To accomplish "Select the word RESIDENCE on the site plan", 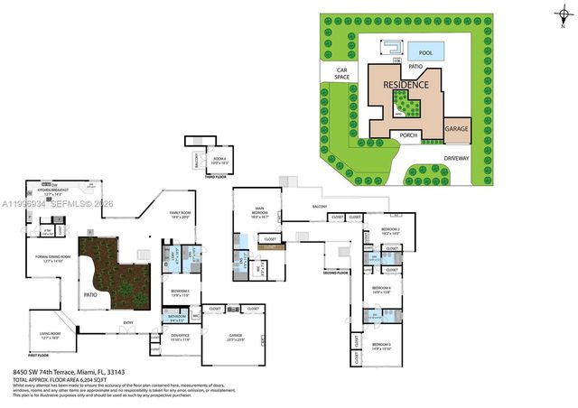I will click(406, 85).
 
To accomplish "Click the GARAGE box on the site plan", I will click(456, 129).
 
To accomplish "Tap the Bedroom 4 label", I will click(381, 292).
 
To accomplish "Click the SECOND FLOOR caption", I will click(336, 271).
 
